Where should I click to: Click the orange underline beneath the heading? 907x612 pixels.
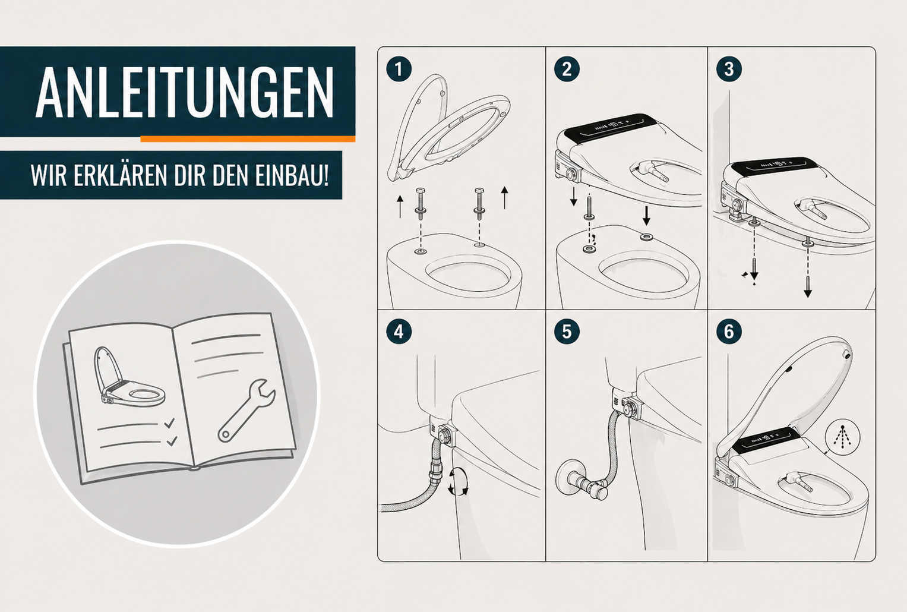point(248,139)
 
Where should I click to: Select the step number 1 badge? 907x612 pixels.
point(399,69)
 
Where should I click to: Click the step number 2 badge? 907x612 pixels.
point(567,69)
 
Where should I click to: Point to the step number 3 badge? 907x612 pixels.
point(729,69)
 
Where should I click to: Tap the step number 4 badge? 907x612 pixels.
point(399,332)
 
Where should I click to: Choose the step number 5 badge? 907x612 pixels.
point(567,332)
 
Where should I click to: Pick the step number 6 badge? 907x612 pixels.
point(729,332)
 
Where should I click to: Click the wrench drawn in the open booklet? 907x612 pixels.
point(245,411)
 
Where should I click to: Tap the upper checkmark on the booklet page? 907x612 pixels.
point(169,423)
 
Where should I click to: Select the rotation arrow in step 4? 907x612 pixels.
point(459,481)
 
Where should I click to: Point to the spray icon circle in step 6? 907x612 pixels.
point(843,437)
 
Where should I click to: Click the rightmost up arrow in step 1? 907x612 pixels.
point(504,198)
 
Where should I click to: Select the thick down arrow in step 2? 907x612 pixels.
point(646,216)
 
